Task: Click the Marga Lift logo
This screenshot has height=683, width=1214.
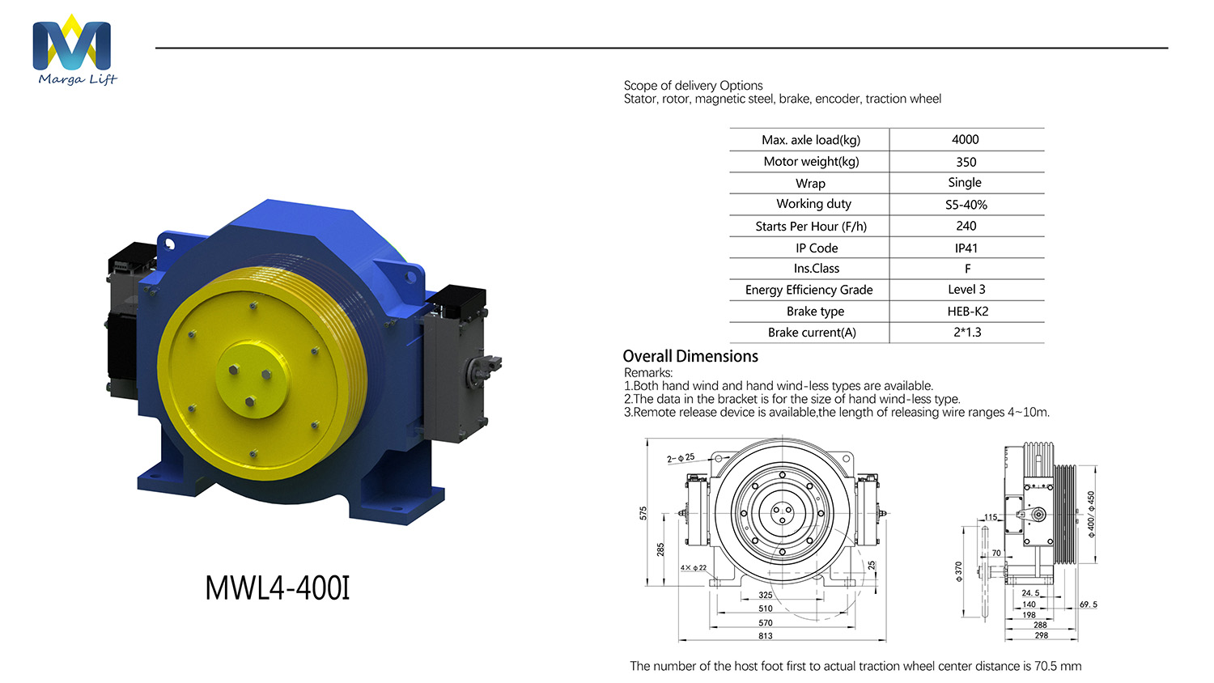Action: click(74, 50)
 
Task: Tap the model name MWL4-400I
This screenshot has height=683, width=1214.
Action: click(278, 588)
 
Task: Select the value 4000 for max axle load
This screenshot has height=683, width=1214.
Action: click(966, 139)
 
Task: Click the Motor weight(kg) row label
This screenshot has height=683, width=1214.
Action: click(811, 162)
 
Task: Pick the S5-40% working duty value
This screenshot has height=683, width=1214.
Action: click(966, 205)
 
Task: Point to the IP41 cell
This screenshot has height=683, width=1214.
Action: click(966, 248)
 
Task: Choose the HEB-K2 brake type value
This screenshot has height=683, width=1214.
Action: click(967, 311)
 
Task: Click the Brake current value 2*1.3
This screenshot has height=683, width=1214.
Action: click(967, 333)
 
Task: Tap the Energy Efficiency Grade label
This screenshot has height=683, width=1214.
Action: click(809, 290)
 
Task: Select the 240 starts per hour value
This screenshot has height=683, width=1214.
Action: click(966, 226)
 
